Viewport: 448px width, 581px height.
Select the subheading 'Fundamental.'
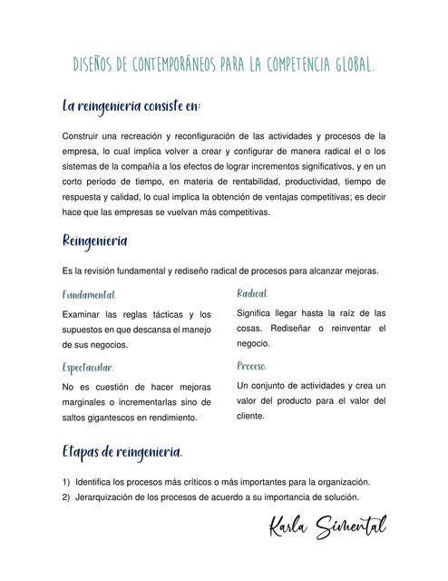(x=89, y=296)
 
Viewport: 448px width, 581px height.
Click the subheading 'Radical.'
(x=252, y=293)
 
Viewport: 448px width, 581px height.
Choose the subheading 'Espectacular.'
(x=88, y=368)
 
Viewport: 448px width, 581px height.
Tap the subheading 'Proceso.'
(x=251, y=366)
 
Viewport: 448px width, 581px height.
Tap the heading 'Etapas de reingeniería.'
(x=122, y=452)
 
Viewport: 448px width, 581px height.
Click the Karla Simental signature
(x=326, y=527)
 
